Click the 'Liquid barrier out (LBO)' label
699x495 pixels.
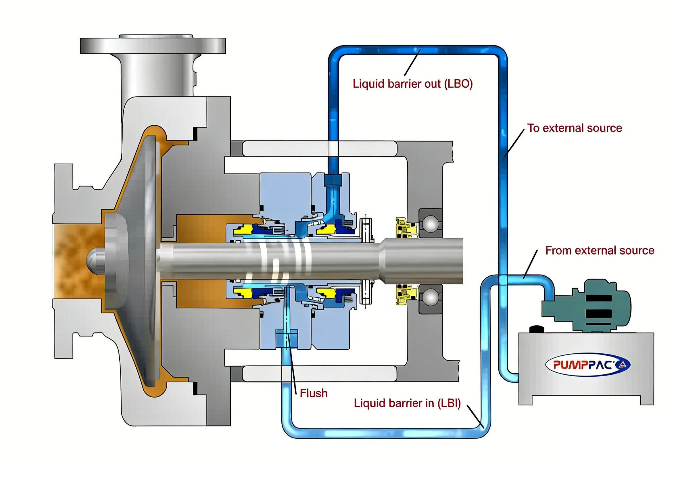point(412,84)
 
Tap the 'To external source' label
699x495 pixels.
point(575,128)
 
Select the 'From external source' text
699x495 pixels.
point(600,251)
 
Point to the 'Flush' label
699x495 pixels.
point(314,393)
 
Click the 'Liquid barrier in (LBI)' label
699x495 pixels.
point(407,403)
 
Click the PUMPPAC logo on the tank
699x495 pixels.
point(587,365)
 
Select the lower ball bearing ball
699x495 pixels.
point(430,298)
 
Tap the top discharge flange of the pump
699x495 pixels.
point(153,46)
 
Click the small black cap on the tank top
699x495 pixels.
point(537,329)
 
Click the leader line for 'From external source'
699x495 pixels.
point(531,264)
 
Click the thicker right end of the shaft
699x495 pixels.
point(424,261)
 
